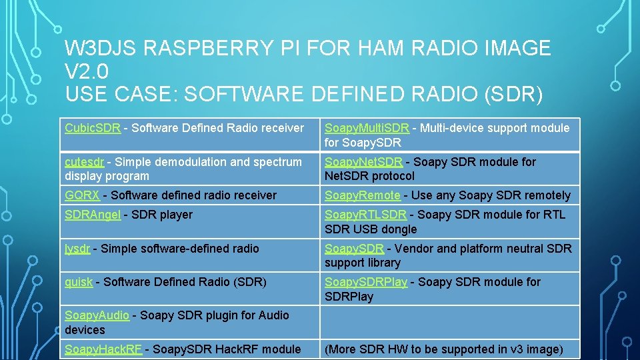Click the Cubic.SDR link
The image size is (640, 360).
pyautogui.click(x=93, y=128)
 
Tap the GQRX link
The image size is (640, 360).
pyautogui.click(x=82, y=195)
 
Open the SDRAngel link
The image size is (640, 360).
pyautogui.click(x=93, y=215)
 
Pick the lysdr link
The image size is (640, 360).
pyautogui.click(x=77, y=249)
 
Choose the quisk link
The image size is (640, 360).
pyautogui.click(x=79, y=282)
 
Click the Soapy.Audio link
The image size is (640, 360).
pyautogui.click(x=97, y=315)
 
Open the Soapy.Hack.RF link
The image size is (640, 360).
pyautogui.click(x=103, y=349)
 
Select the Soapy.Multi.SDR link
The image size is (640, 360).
pyautogui.click(x=367, y=128)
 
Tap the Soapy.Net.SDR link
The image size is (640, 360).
pyautogui.click(x=363, y=162)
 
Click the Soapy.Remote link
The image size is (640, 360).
pyautogui.click(x=363, y=195)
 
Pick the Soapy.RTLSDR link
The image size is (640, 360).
pyautogui.click(x=365, y=215)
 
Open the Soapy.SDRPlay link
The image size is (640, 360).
pyautogui.click(x=365, y=282)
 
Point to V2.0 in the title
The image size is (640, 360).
pyautogui.click(x=87, y=71)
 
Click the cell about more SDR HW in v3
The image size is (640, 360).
pyautogui.click(x=444, y=349)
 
